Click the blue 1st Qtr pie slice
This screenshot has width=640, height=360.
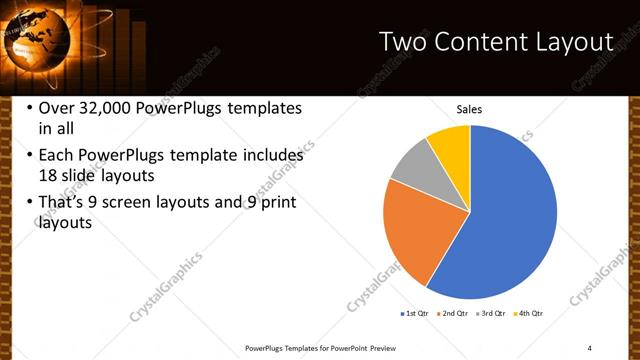(510, 220)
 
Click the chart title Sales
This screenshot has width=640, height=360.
(469, 109)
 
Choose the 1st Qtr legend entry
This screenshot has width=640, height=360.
(414, 314)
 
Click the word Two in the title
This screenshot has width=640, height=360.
(402, 42)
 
